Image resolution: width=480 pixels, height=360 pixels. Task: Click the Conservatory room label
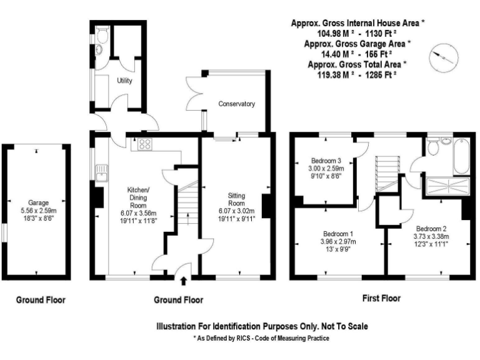(x=236, y=104)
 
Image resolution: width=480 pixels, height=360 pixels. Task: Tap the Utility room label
(x=124, y=81)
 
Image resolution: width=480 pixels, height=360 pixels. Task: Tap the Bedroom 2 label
(x=431, y=228)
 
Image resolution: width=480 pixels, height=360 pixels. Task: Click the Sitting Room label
(x=236, y=199)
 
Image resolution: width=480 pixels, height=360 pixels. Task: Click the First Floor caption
(x=381, y=299)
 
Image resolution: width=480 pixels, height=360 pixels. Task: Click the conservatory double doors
(x=195, y=94)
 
